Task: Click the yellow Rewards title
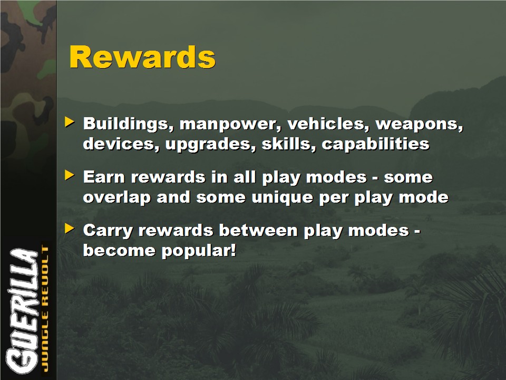click(x=142, y=57)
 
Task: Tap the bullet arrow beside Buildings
click(x=70, y=122)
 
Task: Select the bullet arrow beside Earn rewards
click(x=70, y=175)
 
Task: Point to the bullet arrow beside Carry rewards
click(x=70, y=228)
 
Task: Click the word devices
click(x=121, y=144)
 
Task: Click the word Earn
click(x=104, y=177)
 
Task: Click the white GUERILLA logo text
click(x=22, y=311)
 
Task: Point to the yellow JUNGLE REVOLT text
click(x=45, y=309)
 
